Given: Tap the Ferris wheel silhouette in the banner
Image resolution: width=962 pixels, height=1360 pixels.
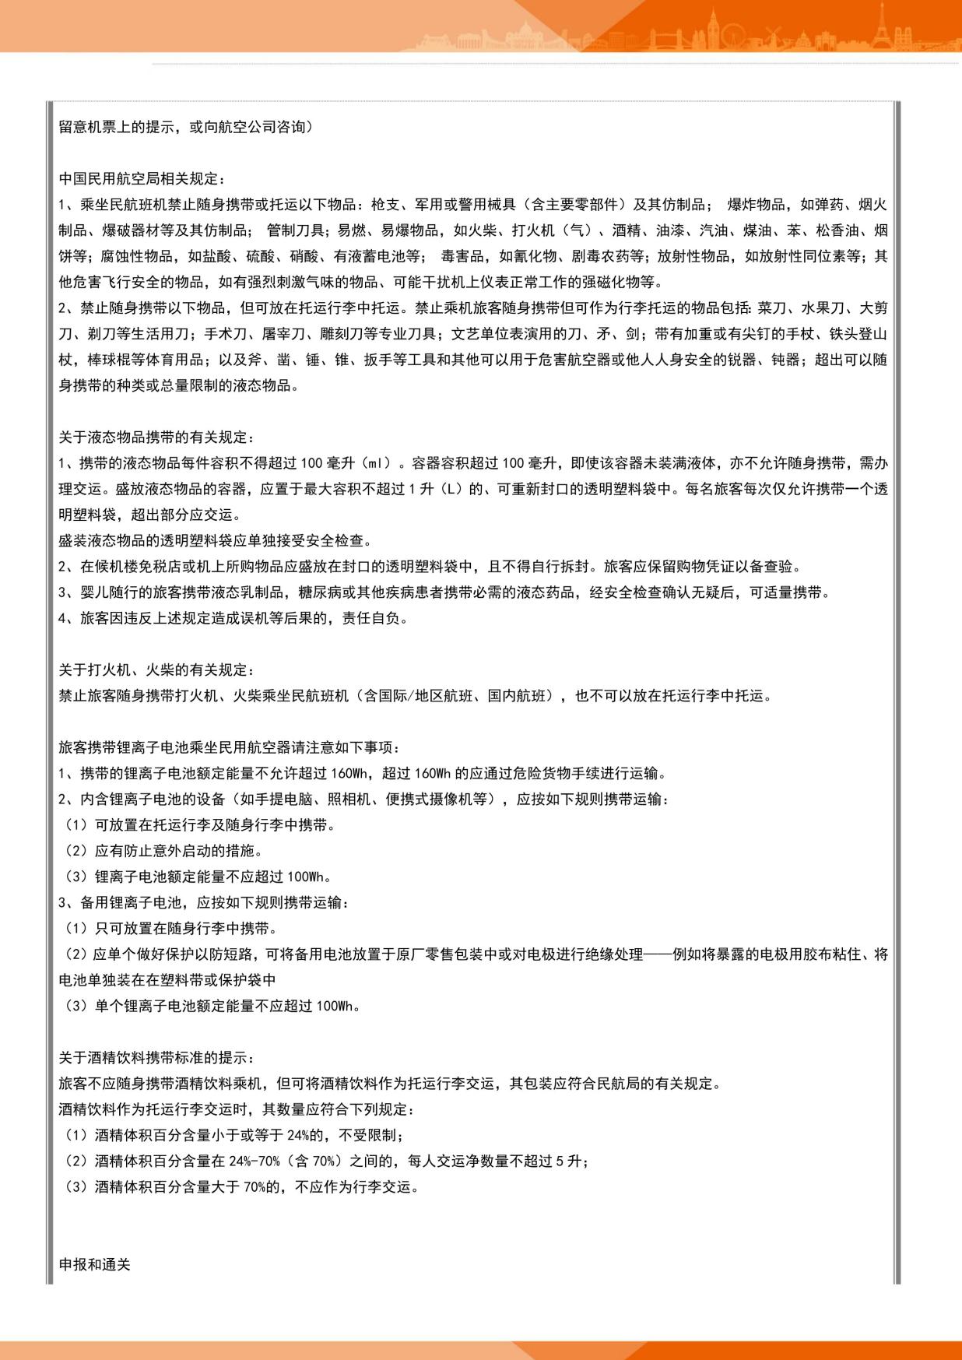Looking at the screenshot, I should (x=732, y=35).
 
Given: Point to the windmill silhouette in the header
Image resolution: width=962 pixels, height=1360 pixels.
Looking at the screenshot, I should (x=771, y=34).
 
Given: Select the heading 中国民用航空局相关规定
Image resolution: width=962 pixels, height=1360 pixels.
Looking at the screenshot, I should (x=142, y=179).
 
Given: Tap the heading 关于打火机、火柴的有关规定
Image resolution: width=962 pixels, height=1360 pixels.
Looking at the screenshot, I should (x=156, y=670).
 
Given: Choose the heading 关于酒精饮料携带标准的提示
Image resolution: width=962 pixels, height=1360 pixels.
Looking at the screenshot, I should (x=156, y=1058).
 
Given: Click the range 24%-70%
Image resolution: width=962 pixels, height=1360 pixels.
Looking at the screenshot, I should (x=255, y=1161).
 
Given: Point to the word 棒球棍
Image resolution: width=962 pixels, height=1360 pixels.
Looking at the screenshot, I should (x=106, y=360).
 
